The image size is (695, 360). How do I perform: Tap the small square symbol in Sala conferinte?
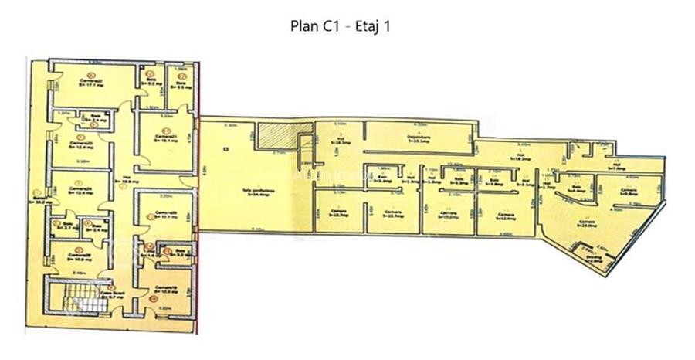tap(223, 148)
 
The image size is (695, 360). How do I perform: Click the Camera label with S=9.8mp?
tap(629, 192)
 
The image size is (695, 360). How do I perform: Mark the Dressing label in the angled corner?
tap(594, 260)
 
